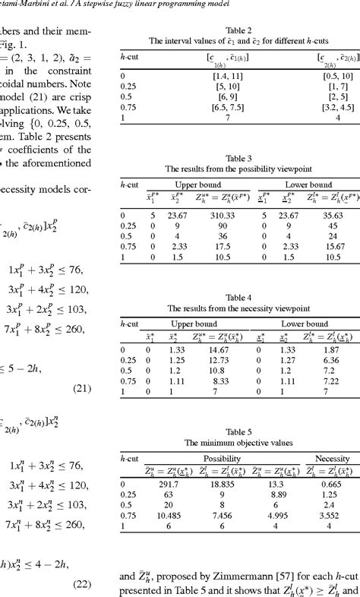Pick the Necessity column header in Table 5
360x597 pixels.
coord(332,460)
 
